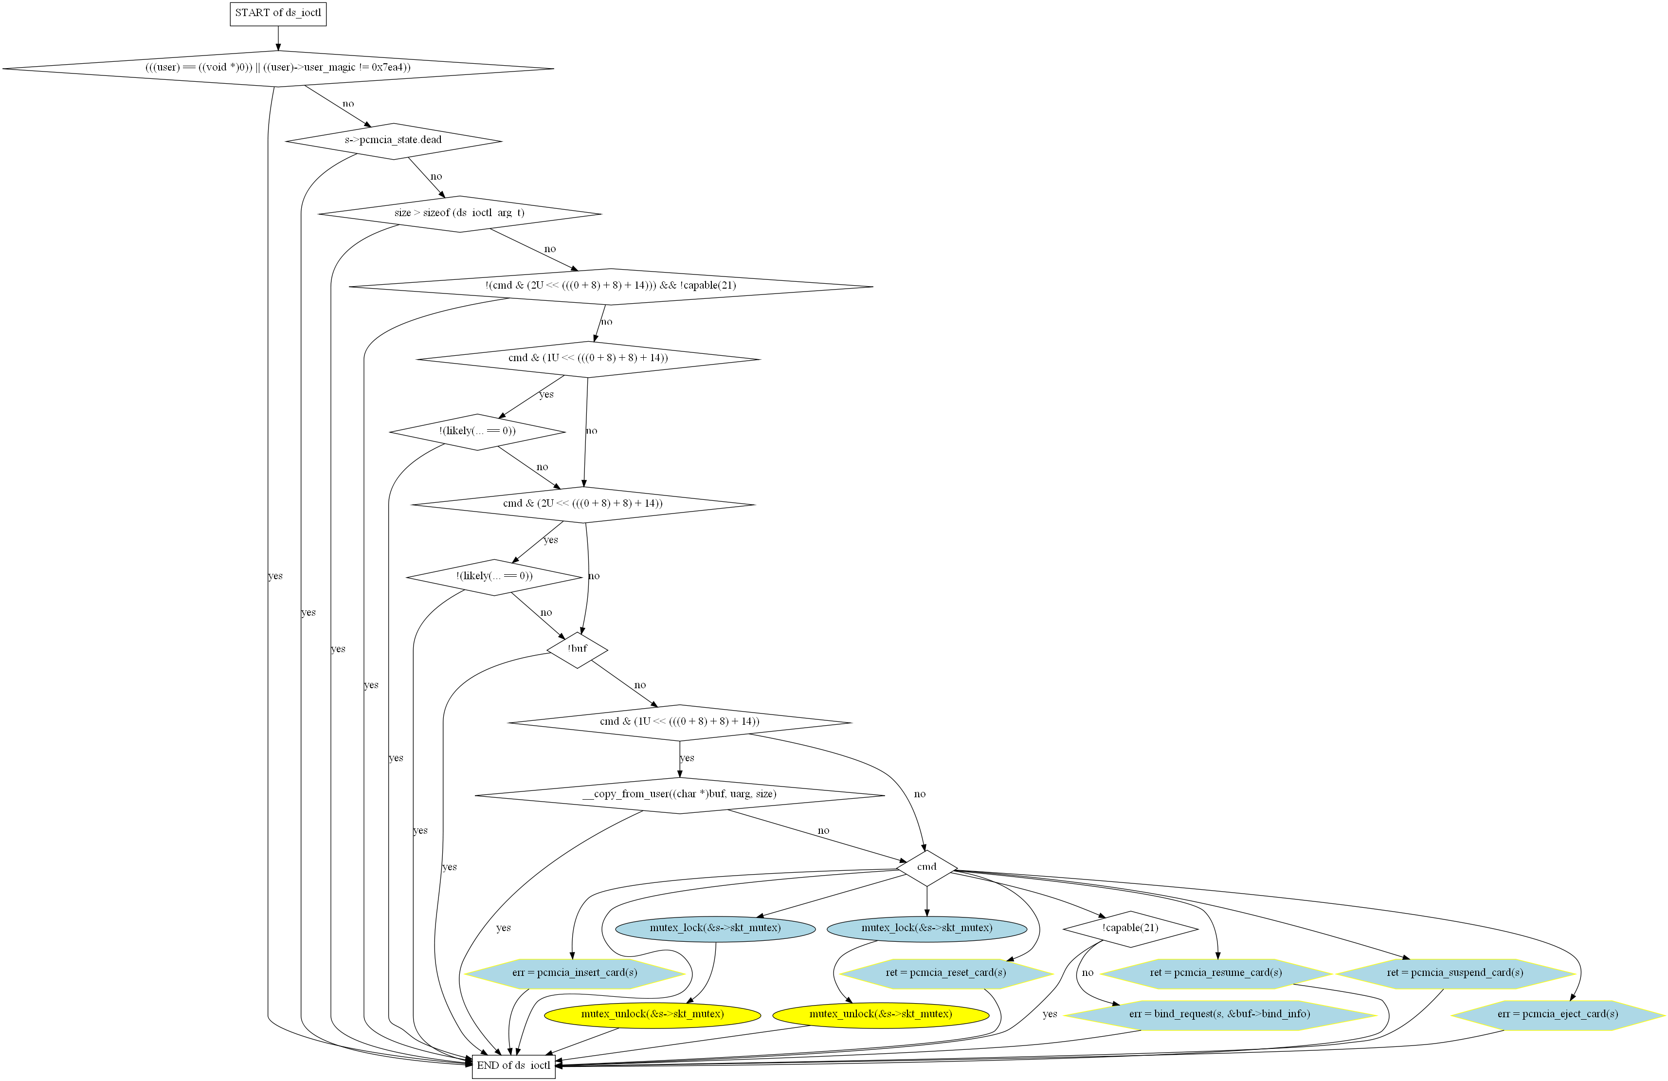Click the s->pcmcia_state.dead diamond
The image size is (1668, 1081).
(393, 140)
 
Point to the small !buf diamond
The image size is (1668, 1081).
(577, 649)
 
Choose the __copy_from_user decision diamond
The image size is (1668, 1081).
(679, 794)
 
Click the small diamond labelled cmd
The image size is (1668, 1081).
(926, 867)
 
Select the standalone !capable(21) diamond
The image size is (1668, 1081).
(1130, 928)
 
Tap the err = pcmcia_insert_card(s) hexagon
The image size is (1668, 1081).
(574, 973)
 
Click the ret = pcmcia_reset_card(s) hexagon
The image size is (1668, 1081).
(945, 973)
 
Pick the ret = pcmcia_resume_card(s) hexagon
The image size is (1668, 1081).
(1215, 973)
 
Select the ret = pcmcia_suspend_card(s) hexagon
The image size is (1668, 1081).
(1455, 973)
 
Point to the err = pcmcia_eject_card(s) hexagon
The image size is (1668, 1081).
(1557, 1014)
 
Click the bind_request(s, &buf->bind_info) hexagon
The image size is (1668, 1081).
(1219, 1014)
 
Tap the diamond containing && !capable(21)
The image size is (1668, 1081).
(611, 286)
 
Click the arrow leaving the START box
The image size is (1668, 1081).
(278, 38)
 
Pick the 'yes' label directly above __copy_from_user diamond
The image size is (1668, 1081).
(687, 758)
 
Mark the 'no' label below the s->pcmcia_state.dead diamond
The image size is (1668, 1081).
(436, 177)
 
